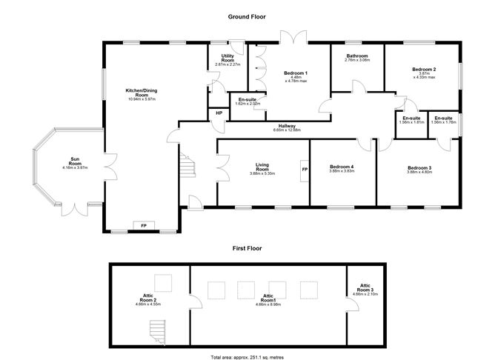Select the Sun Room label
point(75,162)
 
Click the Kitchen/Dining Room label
point(141,94)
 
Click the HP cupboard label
point(219,113)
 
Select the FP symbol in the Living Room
point(304,170)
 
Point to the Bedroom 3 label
point(419,170)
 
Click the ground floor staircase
point(188,166)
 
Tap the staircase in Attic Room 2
point(157,331)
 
